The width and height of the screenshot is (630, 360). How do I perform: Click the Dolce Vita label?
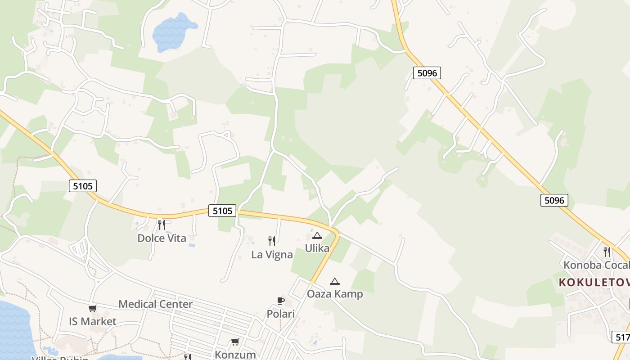coord(162,238)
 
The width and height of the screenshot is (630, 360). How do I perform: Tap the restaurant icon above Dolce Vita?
coord(161,225)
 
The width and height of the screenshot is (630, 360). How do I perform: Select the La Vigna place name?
coord(272,254)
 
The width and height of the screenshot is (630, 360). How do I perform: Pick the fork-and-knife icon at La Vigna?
coord(271,241)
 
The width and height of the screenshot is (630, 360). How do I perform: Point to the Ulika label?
coord(317,248)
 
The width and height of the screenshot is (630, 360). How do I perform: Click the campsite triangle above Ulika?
coord(317,235)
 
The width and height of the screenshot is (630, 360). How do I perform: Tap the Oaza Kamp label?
coord(334,294)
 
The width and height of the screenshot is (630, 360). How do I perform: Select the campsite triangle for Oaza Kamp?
coord(334,282)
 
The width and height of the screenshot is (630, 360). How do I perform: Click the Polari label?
coord(281,314)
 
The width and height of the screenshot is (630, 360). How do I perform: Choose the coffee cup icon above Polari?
coord(281,301)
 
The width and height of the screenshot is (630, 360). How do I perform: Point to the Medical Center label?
coord(155,304)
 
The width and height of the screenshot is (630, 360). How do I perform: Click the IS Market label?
coord(92,321)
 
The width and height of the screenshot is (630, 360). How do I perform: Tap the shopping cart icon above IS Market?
coord(92,309)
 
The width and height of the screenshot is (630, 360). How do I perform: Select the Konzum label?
coord(235,354)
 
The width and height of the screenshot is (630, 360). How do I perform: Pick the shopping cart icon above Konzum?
coord(235,342)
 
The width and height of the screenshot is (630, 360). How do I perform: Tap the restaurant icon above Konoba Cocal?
coord(607,251)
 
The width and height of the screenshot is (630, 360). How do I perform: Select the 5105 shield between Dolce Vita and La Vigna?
coord(222,210)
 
